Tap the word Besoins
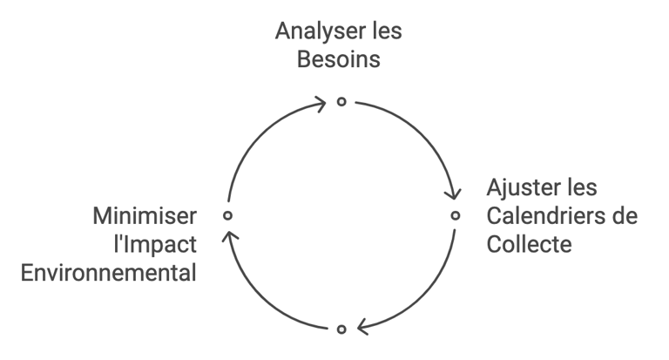point(340,60)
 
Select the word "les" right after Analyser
point(385,31)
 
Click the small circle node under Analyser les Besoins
point(341,101)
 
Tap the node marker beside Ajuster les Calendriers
point(455,214)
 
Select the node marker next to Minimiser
point(227,214)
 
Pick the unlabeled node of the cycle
point(341,329)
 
